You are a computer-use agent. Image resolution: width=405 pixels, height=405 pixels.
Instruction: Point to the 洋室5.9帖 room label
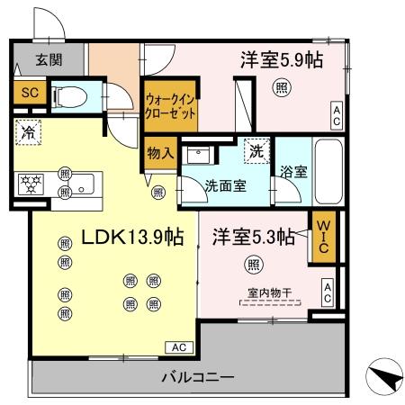pos(281,60)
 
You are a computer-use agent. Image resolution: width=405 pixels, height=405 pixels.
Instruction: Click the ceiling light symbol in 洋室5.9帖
pos(282,87)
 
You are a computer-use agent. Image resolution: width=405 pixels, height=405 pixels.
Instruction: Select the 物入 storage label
pos(159,153)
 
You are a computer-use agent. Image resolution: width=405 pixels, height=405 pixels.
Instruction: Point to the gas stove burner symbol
pos(32,184)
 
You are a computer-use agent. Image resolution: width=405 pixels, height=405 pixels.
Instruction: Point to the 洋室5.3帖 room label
pos(254,237)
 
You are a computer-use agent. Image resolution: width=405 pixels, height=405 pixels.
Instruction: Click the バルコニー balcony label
pos(198,375)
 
